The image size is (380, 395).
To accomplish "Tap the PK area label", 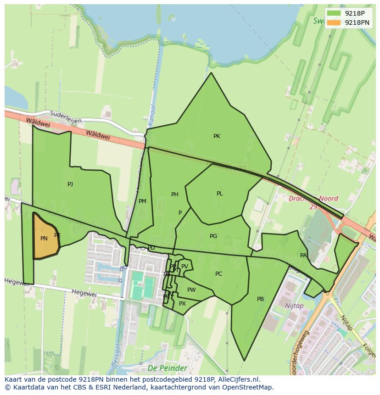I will pyautogui.click(x=217, y=136).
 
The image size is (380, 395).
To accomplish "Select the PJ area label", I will pyautogui.click(x=70, y=184).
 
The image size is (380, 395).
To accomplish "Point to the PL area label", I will pyautogui.click(x=219, y=194).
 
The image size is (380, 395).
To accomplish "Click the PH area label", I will pyautogui.click(x=174, y=195).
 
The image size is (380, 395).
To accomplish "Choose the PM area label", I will pyautogui.click(x=142, y=201).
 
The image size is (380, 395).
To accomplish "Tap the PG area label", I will pyautogui.click(x=213, y=236).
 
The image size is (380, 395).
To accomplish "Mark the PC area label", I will pyautogui.click(x=218, y=274).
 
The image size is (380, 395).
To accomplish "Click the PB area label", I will pyautogui.click(x=260, y=299).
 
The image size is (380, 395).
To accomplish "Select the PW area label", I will pyautogui.click(x=191, y=290).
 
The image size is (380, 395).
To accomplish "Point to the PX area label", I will pyautogui.click(x=182, y=304).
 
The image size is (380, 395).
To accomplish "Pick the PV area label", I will pyautogui.click(x=184, y=267).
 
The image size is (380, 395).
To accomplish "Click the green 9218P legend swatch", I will pyautogui.click(x=334, y=13).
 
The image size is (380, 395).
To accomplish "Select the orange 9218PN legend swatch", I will pyautogui.click(x=334, y=22).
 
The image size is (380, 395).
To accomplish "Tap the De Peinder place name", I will pyautogui.click(x=167, y=368).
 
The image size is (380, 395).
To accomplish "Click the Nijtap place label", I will pyautogui.click(x=294, y=306).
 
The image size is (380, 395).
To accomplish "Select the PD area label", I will pyautogui.click(x=151, y=248).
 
